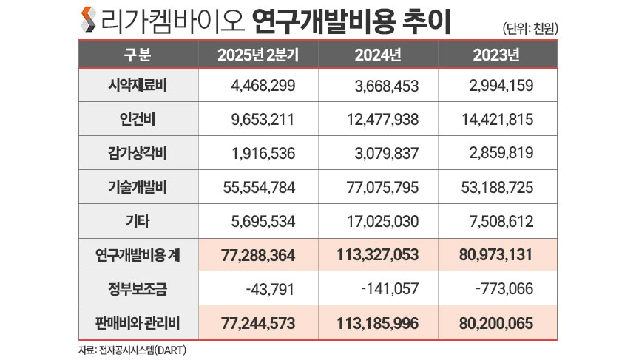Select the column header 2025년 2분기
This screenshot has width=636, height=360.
point(258,55)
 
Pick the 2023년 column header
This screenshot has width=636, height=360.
point(498,55)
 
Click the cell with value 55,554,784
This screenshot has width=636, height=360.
point(258,187)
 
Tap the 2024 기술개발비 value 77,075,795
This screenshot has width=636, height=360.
point(382,187)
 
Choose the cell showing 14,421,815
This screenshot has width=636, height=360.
point(496,119)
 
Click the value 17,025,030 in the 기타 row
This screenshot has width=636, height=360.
point(382,221)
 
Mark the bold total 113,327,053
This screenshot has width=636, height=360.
point(376,255)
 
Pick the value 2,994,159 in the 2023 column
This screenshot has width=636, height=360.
point(501,85)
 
